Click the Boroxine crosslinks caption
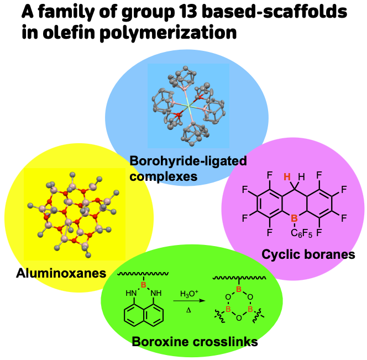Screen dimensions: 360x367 (195, 341)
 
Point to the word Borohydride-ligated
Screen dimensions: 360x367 (188, 161)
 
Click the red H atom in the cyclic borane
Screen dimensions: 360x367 (287, 177)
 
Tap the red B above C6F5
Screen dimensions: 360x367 (295, 218)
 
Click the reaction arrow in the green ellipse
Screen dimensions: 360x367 (188, 301)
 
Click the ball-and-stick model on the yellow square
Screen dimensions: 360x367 (75, 213)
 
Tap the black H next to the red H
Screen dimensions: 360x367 (301, 177)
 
